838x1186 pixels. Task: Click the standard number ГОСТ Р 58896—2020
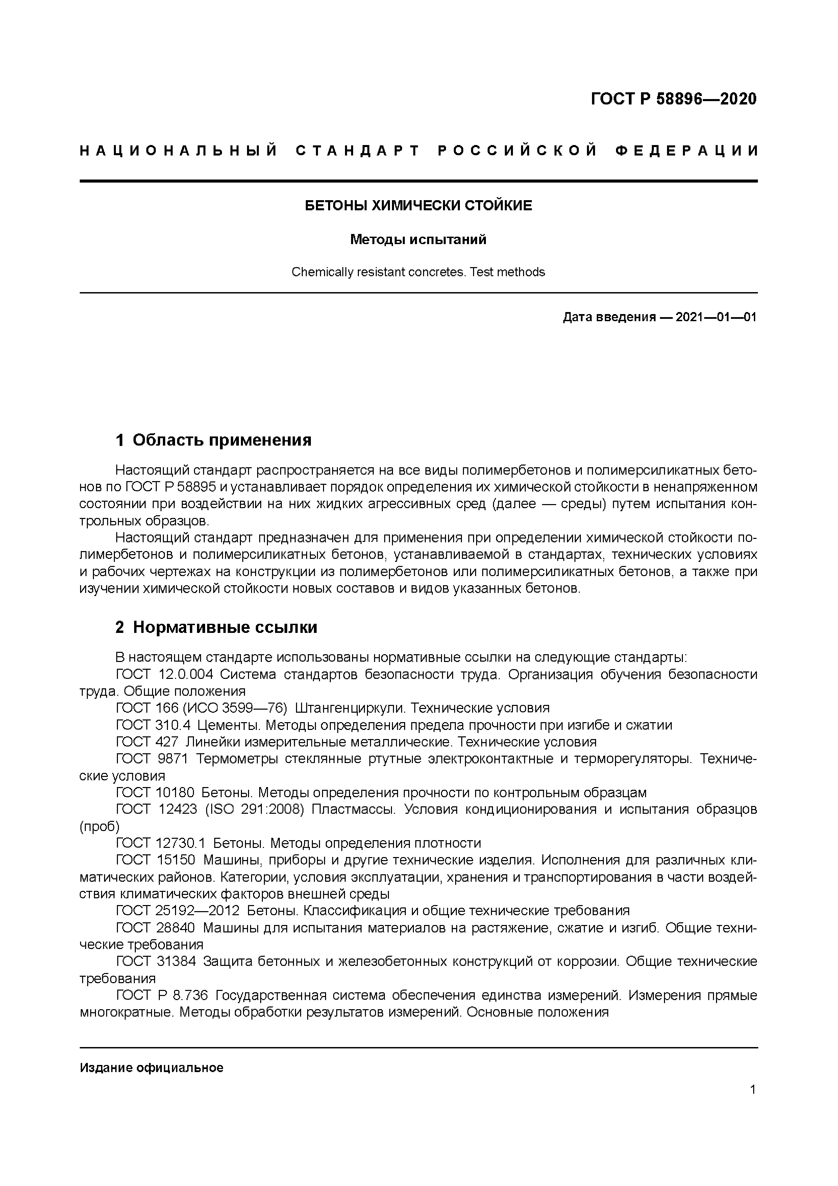tap(673, 99)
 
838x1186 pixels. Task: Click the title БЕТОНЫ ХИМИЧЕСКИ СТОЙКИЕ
tap(418, 206)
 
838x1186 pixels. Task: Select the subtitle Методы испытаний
tap(418, 240)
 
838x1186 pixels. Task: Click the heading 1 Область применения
tap(214, 440)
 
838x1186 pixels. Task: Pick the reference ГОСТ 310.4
tap(153, 725)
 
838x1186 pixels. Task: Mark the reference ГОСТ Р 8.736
tap(162, 995)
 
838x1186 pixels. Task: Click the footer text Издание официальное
tap(151, 1068)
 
